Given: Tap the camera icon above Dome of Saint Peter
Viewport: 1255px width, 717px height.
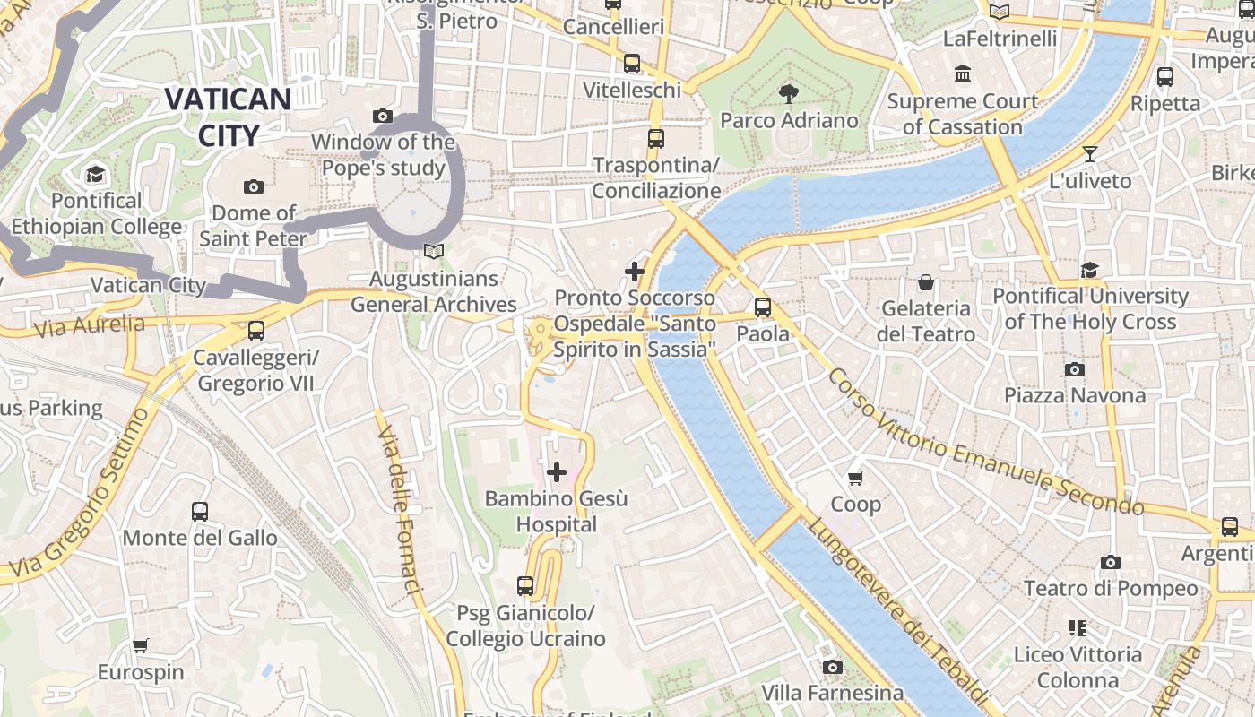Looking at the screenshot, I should [x=254, y=186].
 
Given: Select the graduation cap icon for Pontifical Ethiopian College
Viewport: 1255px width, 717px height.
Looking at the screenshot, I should [x=95, y=174].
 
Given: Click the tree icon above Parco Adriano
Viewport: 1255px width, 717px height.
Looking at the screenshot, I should [x=789, y=93].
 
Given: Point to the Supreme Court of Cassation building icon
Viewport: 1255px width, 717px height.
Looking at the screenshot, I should [x=963, y=73].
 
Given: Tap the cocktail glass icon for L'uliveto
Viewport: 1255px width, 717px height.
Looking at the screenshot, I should [x=1090, y=154].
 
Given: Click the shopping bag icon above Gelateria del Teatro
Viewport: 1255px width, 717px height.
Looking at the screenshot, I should [x=926, y=282].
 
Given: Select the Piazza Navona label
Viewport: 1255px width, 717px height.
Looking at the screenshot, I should [x=1074, y=395].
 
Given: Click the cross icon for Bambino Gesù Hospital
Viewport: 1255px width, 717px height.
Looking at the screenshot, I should [x=557, y=471].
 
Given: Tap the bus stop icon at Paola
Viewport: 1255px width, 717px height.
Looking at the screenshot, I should [x=763, y=307].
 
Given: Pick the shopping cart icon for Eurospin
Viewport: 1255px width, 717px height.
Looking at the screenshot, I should [x=141, y=645].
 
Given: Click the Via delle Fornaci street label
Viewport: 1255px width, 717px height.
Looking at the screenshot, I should [x=399, y=511].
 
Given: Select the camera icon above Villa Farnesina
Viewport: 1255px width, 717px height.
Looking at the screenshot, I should [x=833, y=667].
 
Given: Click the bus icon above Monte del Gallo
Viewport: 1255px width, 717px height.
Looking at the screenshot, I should [x=200, y=512].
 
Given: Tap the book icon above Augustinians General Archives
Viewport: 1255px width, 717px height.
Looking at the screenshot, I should [x=434, y=253].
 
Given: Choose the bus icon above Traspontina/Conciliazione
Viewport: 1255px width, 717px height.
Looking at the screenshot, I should [x=656, y=139].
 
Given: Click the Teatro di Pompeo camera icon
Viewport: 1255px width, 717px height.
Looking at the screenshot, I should [x=1111, y=562].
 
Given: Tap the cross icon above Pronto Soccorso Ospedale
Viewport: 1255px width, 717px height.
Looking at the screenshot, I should [x=635, y=271].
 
